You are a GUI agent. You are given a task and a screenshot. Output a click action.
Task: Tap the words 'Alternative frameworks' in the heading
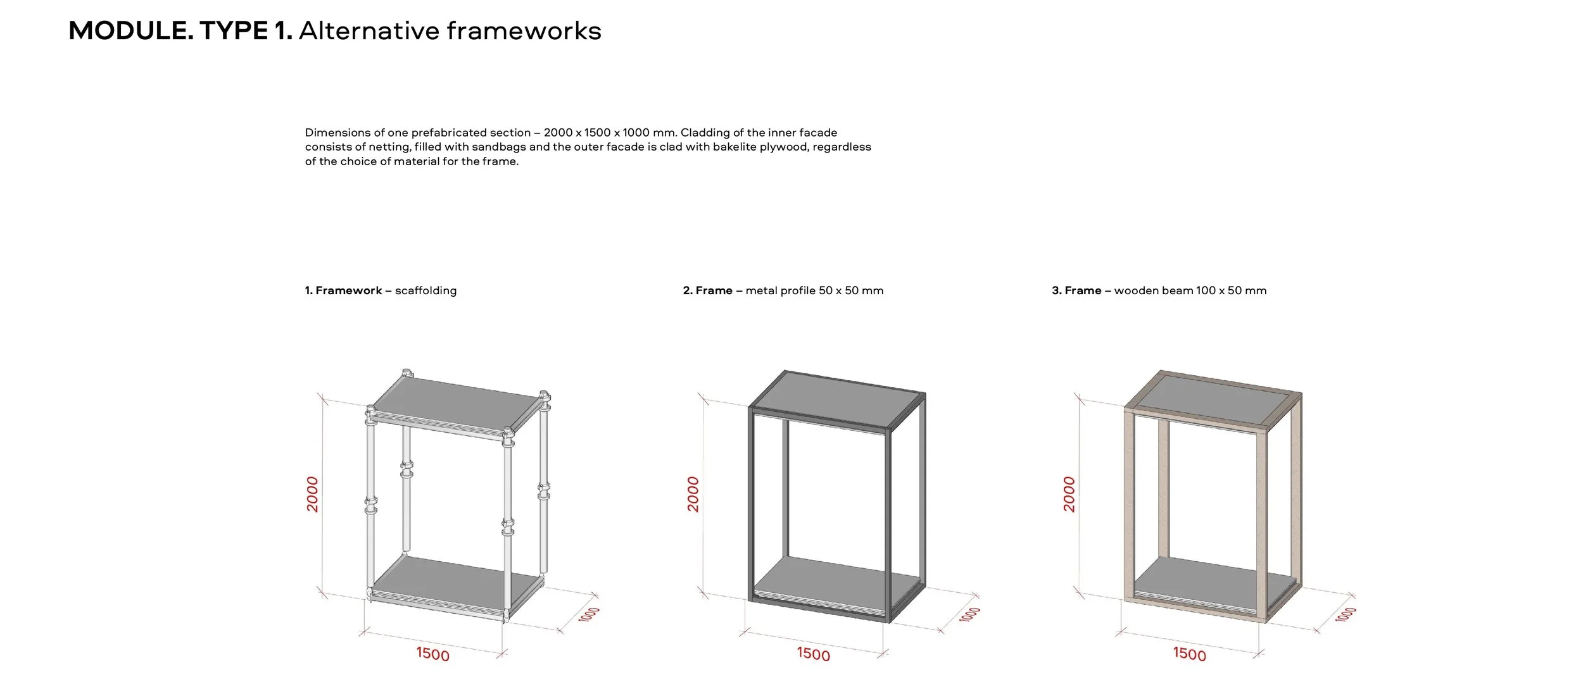pos(450,31)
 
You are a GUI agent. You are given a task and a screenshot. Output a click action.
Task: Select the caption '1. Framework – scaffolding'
pos(381,290)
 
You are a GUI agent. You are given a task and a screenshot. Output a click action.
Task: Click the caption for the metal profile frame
pos(783,290)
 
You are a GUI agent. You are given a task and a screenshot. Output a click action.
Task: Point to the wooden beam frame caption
pos(1159,290)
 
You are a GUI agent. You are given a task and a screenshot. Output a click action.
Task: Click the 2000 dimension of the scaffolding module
pos(313,494)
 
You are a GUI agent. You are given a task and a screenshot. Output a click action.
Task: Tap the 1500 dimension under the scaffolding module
pos(432,654)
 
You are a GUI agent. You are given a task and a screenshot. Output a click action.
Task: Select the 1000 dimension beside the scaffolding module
pos(589,614)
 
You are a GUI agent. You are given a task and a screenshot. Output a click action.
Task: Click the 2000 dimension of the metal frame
pos(693,494)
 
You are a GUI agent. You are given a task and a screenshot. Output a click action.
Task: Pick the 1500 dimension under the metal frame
pos(813,654)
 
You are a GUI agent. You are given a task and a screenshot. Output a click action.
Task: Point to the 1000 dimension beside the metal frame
pos(969,614)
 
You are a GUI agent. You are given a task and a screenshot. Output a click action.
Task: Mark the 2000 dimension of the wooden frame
pos(1069,494)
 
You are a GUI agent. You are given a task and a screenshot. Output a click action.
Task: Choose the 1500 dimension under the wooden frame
pos(1189,654)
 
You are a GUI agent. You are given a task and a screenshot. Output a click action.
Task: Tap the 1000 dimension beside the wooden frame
pos(1346,614)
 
